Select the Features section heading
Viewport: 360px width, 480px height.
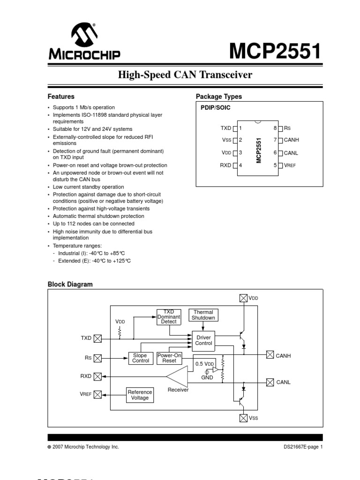point(61,97)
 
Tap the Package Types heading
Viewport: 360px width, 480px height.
point(219,97)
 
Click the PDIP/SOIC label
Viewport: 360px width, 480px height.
point(215,108)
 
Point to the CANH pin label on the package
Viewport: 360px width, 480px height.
point(291,140)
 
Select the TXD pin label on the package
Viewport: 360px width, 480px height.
point(226,127)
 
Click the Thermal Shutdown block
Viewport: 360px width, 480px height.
point(203,315)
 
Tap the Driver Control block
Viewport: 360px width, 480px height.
point(203,340)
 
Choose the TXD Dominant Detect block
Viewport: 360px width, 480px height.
point(169,317)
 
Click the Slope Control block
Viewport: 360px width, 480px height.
point(141,358)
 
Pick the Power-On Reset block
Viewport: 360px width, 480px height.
point(169,358)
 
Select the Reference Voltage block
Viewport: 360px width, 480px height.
point(140,395)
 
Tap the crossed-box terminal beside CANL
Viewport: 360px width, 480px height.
point(270,382)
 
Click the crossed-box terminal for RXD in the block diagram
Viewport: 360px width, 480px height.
point(97,376)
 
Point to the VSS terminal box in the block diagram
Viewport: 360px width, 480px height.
point(243,418)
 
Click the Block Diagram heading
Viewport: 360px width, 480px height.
point(70,284)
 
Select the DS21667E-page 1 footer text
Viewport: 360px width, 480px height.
point(300,447)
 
